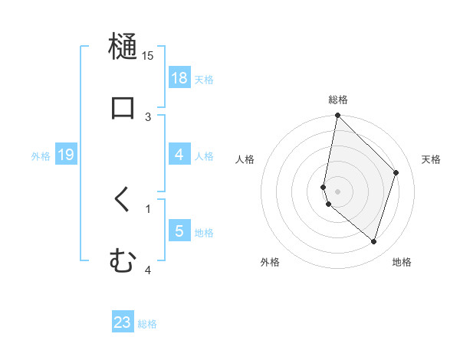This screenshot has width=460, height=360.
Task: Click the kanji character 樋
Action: pos(123,46)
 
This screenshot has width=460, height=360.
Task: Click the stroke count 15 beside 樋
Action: pos(148,55)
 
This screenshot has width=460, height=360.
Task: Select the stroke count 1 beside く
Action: pos(148,208)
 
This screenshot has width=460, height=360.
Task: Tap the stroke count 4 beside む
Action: pos(148,270)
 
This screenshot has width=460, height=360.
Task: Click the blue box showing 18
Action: pos(179,78)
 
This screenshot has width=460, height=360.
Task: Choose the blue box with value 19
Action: pos(66,155)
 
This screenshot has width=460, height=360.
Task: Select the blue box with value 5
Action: pos(179,231)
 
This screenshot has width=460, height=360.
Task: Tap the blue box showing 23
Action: pos(123,322)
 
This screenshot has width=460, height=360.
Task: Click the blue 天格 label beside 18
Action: pos(204,79)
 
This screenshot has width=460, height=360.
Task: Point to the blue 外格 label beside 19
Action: pos(41,156)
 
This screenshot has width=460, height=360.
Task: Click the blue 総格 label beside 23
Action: pos(147,324)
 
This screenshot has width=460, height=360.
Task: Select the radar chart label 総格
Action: pos(338,100)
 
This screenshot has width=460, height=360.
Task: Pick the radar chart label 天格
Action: pos(431,159)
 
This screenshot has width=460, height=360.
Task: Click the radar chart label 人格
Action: pos(245,159)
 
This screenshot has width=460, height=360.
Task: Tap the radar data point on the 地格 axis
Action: pos(373,241)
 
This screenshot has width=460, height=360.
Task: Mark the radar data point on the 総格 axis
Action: pos(337,116)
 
